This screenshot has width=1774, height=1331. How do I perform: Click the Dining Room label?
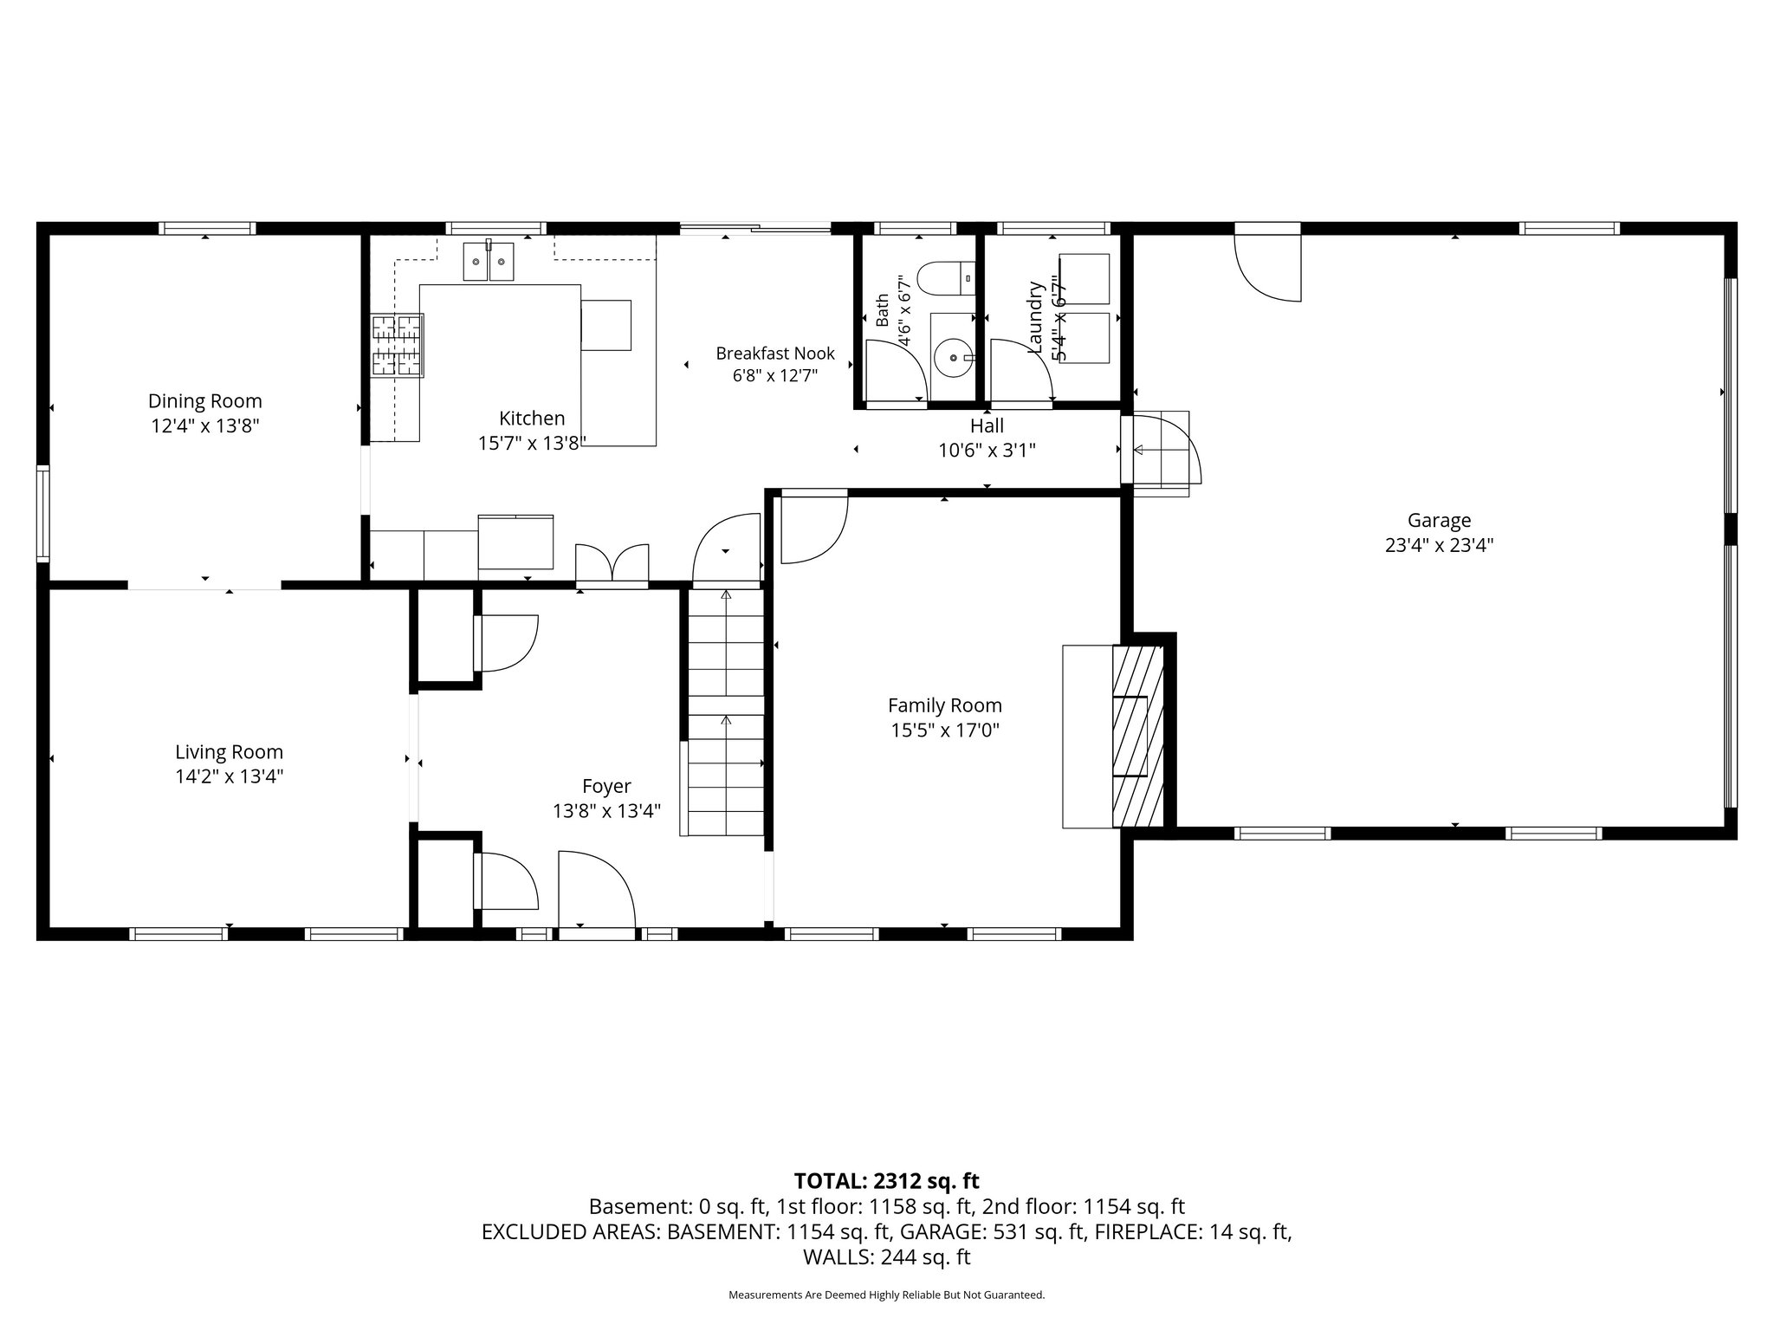pyautogui.click(x=204, y=401)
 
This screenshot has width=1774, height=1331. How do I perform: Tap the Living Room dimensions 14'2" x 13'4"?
pyautogui.click(x=230, y=776)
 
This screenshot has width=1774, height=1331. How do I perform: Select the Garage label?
pyautogui.click(x=1439, y=521)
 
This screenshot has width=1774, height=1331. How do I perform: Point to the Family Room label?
pyautogui.click(x=945, y=705)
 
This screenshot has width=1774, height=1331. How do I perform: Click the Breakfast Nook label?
pyautogui.click(x=775, y=354)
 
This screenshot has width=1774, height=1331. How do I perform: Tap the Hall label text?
pyautogui.click(x=987, y=425)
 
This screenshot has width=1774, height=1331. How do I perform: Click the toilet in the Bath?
pyautogui.click(x=946, y=279)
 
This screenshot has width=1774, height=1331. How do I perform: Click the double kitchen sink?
pyautogui.click(x=489, y=262)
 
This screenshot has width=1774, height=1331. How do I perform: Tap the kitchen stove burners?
pyautogui.click(x=398, y=345)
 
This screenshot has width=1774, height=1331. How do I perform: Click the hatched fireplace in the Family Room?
pyautogui.click(x=1137, y=736)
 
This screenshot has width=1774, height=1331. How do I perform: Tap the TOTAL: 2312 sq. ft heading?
pyautogui.click(x=886, y=1180)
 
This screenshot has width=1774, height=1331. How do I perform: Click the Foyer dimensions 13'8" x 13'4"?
pyautogui.click(x=606, y=811)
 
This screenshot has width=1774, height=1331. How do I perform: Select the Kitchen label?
pyautogui.click(x=532, y=418)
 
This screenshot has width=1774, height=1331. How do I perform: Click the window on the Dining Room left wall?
pyautogui.click(x=42, y=513)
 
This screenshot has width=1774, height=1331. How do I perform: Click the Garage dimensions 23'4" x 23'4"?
pyautogui.click(x=1439, y=545)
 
